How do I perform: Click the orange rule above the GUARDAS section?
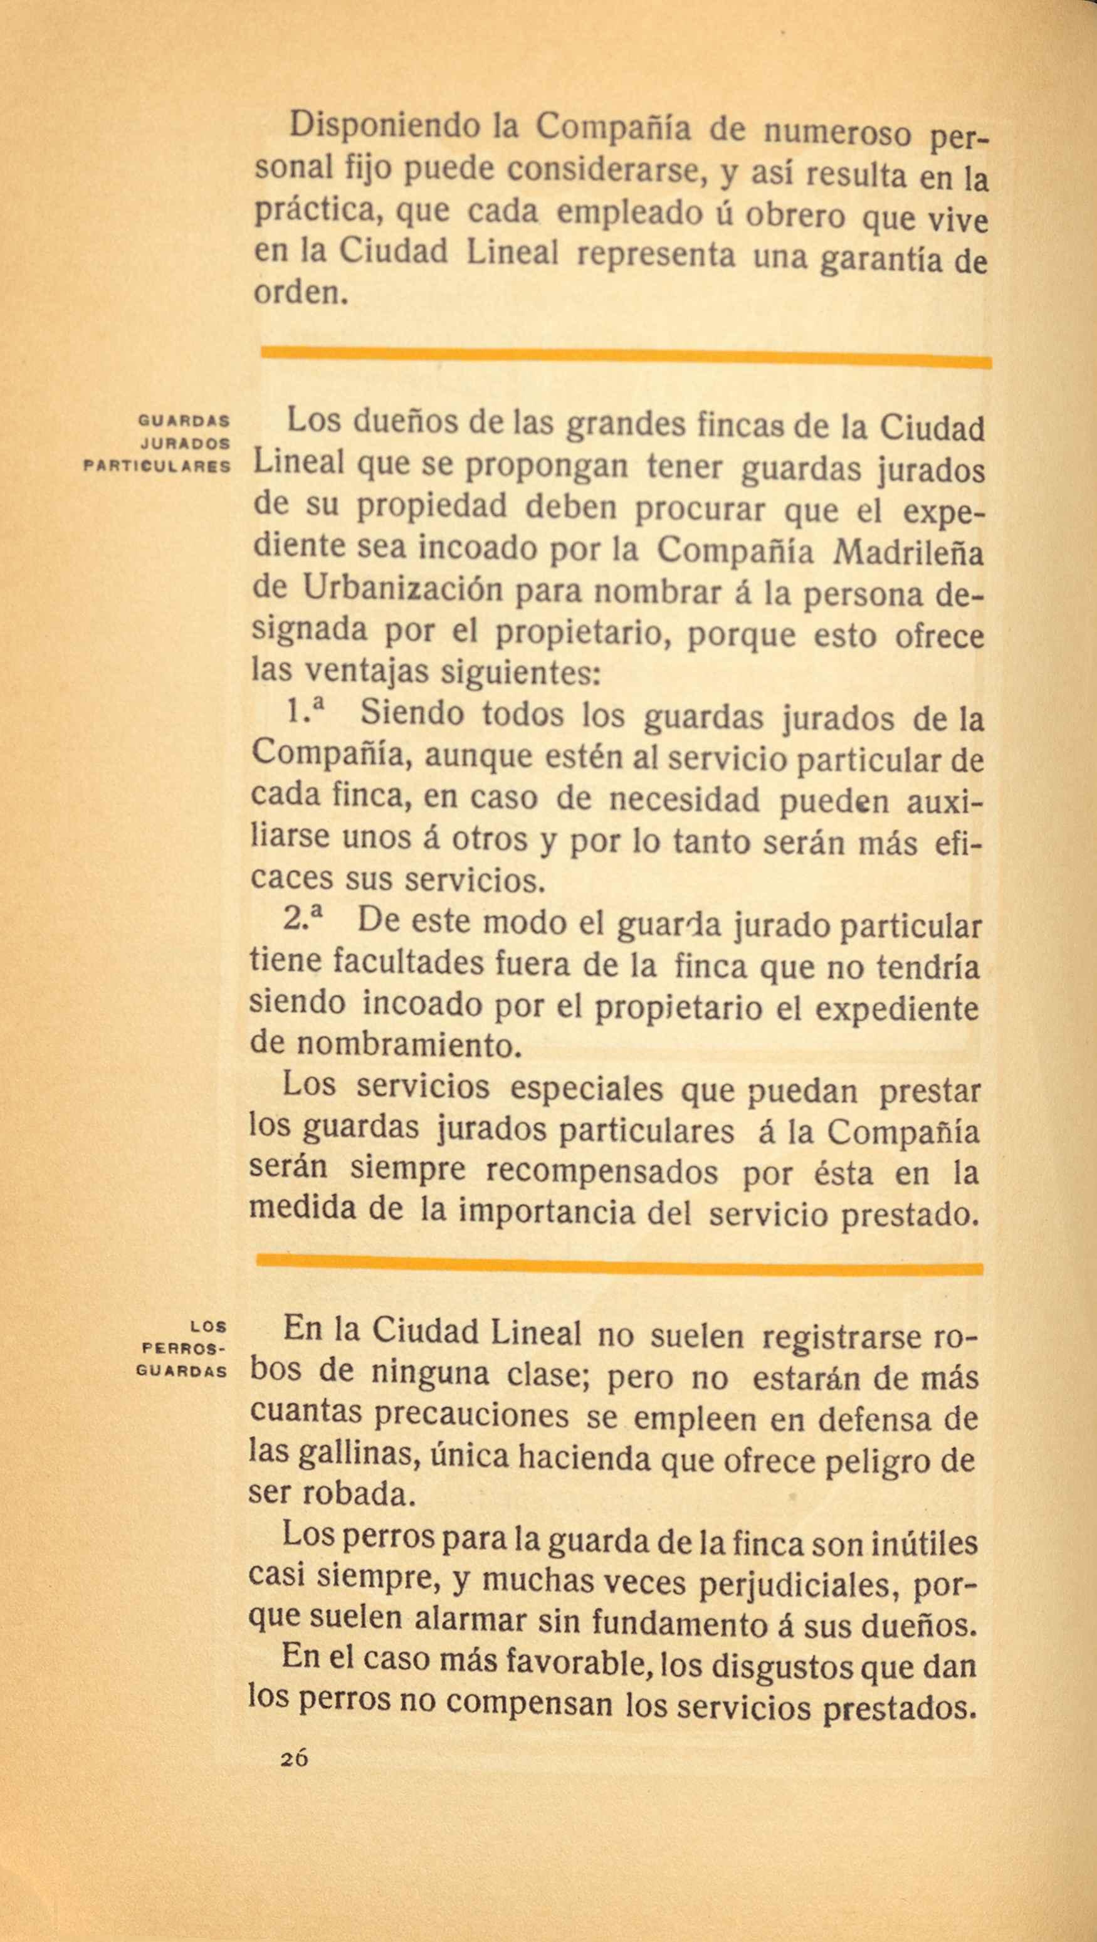coord(626,356)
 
